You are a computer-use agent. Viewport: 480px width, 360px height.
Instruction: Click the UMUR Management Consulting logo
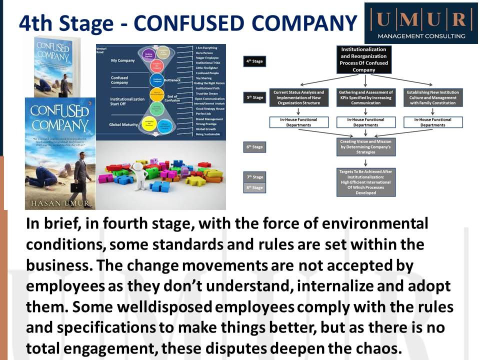coord(421,23)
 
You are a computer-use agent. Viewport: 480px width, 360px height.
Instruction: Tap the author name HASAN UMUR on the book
coord(59,204)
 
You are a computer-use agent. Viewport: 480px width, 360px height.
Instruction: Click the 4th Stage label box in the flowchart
coord(253,62)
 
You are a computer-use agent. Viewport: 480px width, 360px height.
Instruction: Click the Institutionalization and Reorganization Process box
coord(363,59)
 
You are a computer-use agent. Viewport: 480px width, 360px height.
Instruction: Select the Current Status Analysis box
coord(299,97)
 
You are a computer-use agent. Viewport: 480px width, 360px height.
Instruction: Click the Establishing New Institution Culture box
coord(433,97)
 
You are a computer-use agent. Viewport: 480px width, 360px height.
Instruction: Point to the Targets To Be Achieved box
coord(365,182)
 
